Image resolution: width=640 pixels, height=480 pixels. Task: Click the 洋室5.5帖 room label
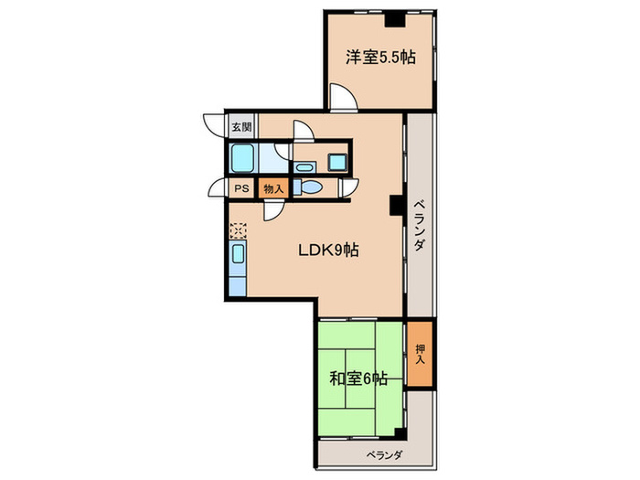click(x=381, y=57)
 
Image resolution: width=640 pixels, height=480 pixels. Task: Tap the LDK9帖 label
click(x=328, y=250)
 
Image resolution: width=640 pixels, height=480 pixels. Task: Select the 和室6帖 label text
click(x=358, y=379)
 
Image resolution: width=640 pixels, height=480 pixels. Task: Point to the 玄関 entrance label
click(x=241, y=126)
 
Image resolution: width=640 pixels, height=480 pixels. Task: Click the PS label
click(x=241, y=188)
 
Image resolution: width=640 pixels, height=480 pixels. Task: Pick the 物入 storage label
click(x=273, y=189)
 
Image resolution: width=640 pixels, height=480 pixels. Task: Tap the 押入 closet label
click(x=420, y=354)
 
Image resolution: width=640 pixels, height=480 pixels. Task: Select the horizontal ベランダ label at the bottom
click(x=385, y=454)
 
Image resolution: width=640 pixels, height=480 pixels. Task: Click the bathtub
click(x=242, y=158)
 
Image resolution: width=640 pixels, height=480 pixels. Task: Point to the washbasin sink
click(x=304, y=167)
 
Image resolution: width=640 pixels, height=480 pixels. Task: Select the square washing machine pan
click(x=337, y=163)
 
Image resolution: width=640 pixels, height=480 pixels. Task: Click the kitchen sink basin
click(x=238, y=254)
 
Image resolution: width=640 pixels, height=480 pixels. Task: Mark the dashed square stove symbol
click(x=238, y=230)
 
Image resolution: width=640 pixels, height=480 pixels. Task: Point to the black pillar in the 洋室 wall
click(x=395, y=19)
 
